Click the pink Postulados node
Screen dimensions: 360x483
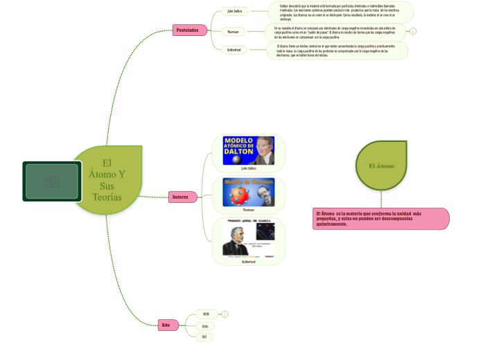[x=188, y=30]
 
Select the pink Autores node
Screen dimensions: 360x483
[x=182, y=197]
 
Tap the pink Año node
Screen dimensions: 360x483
[x=166, y=325]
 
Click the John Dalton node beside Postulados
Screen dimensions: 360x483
[x=234, y=11]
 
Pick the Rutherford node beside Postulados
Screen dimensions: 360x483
[x=234, y=50]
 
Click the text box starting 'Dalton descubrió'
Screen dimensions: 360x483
[x=341, y=12]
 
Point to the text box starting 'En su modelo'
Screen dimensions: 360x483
[x=335, y=32]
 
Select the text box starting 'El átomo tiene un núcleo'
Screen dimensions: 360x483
[x=337, y=51]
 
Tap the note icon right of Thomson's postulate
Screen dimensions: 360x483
[x=413, y=31]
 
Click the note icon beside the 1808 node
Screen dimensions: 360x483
[x=225, y=314]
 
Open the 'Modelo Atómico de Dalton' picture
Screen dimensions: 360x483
[x=248, y=150]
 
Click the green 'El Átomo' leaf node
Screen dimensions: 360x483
[x=381, y=166]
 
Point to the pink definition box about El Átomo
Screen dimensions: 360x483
[x=381, y=219]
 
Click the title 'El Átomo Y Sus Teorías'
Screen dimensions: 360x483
[x=107, y=180]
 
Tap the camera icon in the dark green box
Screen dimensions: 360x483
[x=51, y=181]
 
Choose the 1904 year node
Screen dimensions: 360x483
[x=204, y=325]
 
